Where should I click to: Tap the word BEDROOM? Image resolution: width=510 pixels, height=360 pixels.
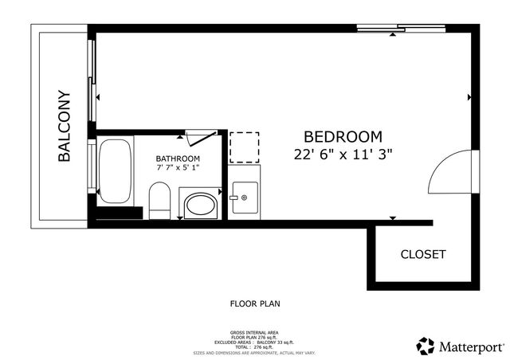coord(343,137)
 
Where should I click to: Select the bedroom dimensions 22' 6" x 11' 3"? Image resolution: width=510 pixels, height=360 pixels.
coord(343,155)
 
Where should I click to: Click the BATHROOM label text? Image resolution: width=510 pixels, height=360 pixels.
coord(177,158)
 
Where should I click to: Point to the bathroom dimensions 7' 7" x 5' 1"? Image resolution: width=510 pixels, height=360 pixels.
coord(177,168)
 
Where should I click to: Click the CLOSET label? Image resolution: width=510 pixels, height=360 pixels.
coord(423,255)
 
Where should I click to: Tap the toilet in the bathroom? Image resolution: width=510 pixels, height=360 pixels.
coord(160,200)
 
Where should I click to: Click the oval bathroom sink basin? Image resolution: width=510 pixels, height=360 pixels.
coord(200,205)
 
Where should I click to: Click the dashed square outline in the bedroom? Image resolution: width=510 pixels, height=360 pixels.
coord(244,147)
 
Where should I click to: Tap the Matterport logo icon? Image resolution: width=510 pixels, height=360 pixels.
coord(426,346)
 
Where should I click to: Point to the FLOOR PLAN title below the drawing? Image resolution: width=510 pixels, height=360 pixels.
coord(255,303)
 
